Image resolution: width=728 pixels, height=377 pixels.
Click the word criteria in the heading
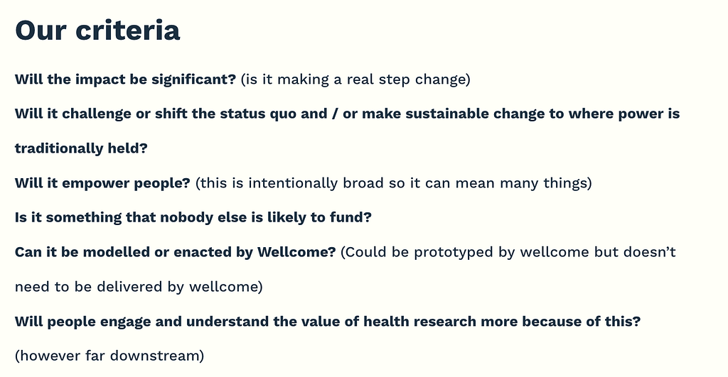128,31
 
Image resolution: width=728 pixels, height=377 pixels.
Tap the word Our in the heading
41,31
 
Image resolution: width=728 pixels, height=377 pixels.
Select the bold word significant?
194,80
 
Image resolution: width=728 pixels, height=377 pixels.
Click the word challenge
97,114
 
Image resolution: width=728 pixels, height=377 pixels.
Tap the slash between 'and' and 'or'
336,114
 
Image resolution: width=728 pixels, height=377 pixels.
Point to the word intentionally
293,183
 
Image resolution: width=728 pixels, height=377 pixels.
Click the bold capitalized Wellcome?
296,252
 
